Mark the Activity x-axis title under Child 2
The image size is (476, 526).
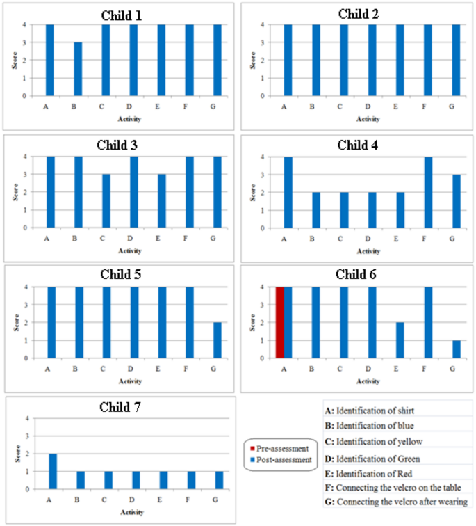368,119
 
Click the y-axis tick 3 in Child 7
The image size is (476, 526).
27,436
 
